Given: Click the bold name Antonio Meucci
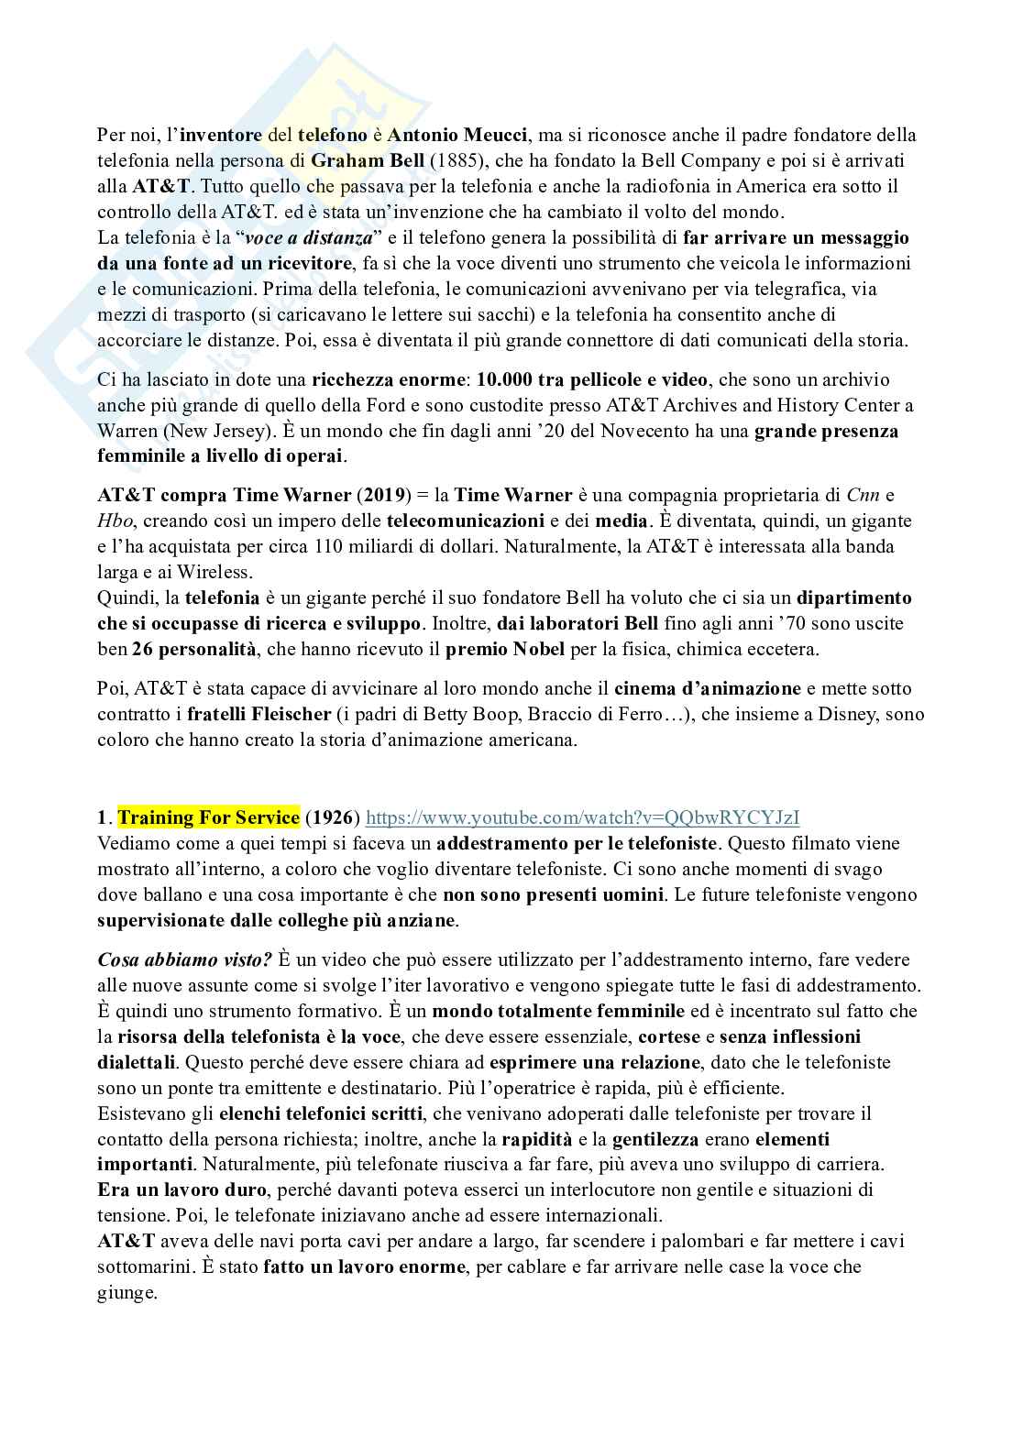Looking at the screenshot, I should tap(457, 136).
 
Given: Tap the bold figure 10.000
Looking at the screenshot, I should tap(511, 379).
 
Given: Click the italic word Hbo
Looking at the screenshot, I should tap(114, 521).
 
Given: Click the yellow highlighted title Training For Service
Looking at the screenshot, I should tap(209, 817).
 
